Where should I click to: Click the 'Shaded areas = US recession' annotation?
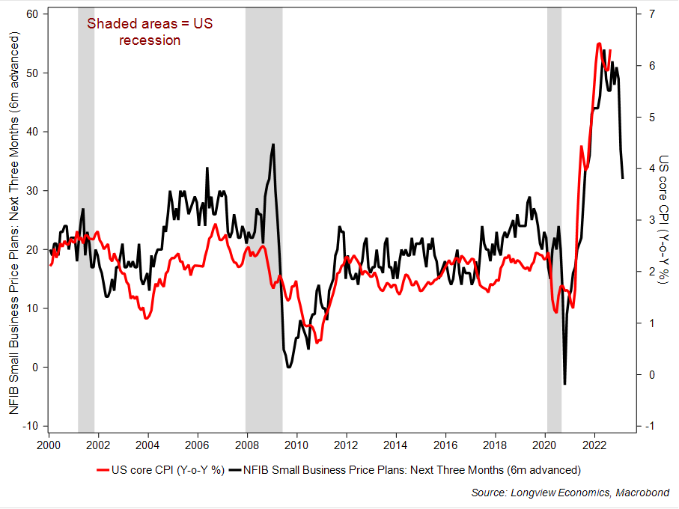pos(150,31)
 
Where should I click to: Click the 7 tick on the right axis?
pos(651,14)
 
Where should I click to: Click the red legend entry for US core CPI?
pos(160,470)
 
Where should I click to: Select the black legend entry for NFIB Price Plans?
pos(405,470)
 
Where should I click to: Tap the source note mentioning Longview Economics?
pos(570,493)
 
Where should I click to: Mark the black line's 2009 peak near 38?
pos(273,144)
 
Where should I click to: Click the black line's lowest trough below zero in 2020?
pos(564,384)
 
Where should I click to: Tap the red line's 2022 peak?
pos(599,43)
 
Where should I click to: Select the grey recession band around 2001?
pos(86,225)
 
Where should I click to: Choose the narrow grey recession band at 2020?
pos(554,225)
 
